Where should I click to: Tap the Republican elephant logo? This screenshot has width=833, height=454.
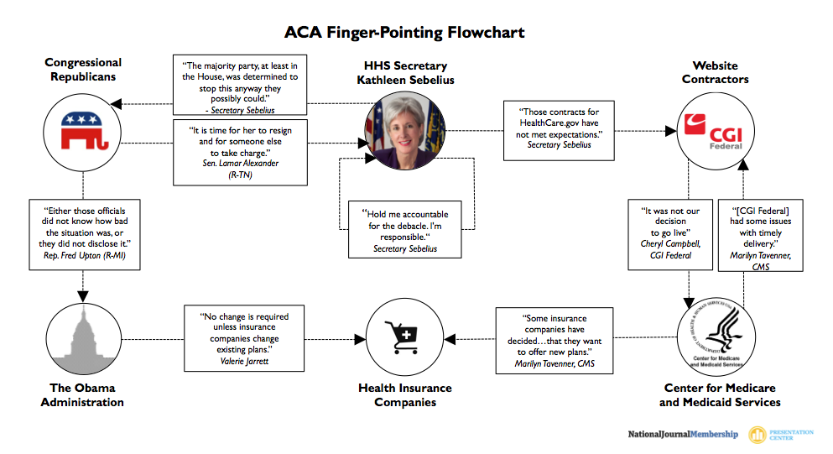coord(83,132)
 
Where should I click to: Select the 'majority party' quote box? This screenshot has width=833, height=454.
coord(240,86)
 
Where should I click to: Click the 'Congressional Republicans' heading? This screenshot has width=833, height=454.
coord(82,69)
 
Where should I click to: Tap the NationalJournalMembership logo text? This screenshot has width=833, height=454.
coord(683,434)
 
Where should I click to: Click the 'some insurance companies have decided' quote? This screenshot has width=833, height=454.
coord(554,341)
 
